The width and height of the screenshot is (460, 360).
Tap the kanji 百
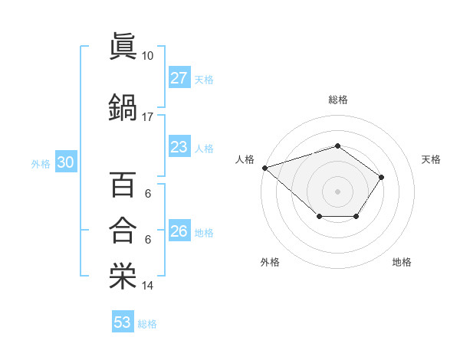(x=123, y=185)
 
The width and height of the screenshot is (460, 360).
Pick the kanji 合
(x=123, y=230)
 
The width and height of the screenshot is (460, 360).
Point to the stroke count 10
(x=148, y=56)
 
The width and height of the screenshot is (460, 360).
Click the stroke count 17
(x=148, y=117)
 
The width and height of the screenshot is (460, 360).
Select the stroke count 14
(x=148, y=286)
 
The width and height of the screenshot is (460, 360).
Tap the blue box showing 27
(x=179, y=78)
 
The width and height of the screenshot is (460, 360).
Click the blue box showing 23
(x=179, y=148)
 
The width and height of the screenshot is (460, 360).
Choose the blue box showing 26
(x=179, y=231)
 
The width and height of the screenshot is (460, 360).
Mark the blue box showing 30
(x=64, y=163)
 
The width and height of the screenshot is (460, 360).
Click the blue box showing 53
(x=123, y=322)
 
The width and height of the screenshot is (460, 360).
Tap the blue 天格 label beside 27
(x=204, y=79)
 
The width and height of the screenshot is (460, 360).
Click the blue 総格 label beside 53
(x=147, y=323)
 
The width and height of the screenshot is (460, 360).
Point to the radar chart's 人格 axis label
(x=245, y=159)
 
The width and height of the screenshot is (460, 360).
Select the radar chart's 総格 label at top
(x=337, y=100)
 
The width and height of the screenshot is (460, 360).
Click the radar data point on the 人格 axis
(x=264, y=167)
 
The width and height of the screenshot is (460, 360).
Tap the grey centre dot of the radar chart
(x=337, y=191)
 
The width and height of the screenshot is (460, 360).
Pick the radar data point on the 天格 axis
(x=382, y=177)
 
